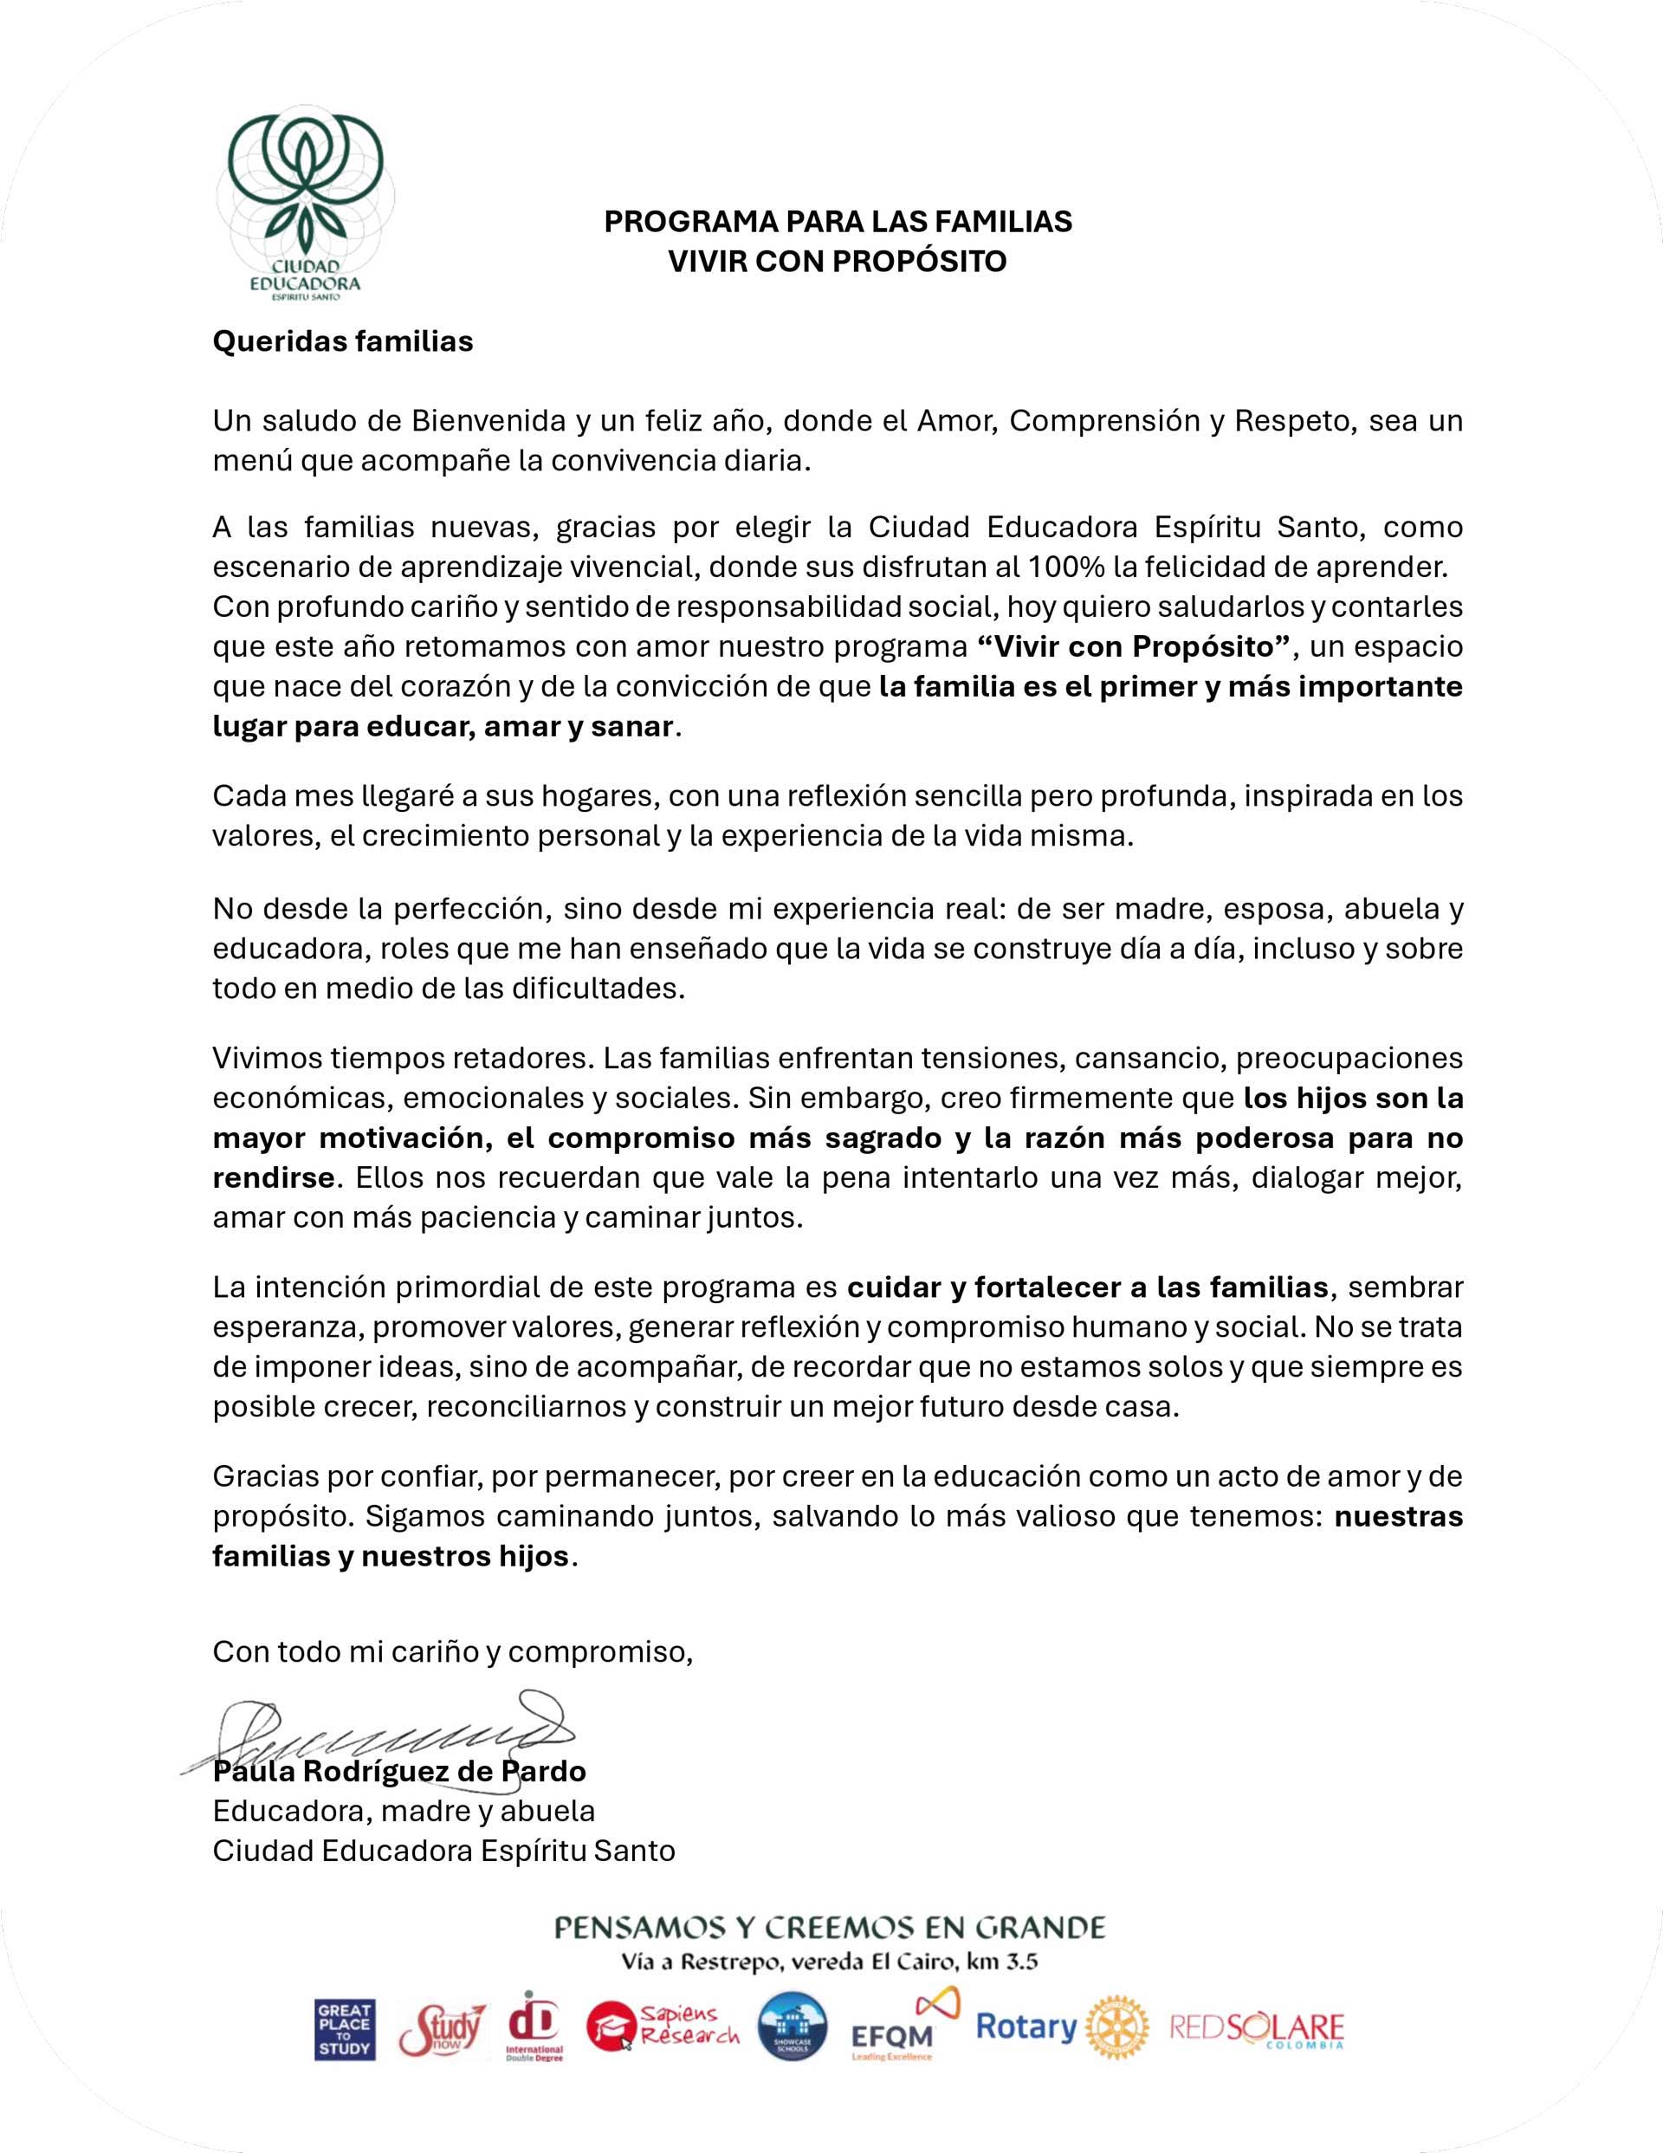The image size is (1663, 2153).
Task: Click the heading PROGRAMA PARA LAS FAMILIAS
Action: [x=837, y=221]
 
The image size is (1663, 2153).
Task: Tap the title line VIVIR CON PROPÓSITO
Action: [x=837, y=262]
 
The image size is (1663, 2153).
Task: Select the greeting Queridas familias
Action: [x=342, y=341]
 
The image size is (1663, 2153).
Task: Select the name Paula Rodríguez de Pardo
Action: [x=399, y=1772]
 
